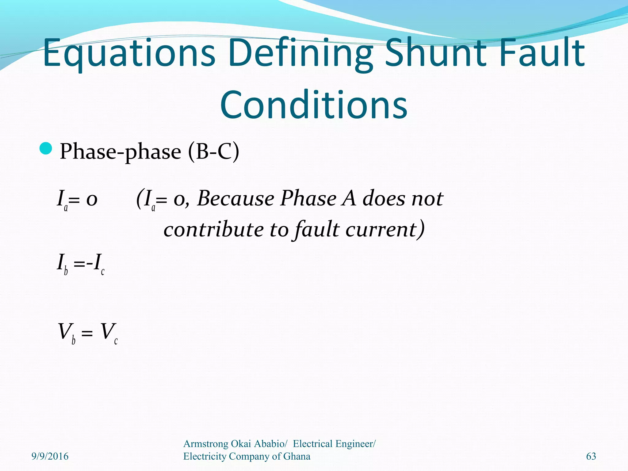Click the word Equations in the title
point(129,53)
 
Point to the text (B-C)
point(213,151)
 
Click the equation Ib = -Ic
point(81,264)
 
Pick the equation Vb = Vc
point(88,333)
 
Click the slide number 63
point(591,456)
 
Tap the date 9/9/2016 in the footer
point(50,456)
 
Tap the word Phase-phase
point(121,151)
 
